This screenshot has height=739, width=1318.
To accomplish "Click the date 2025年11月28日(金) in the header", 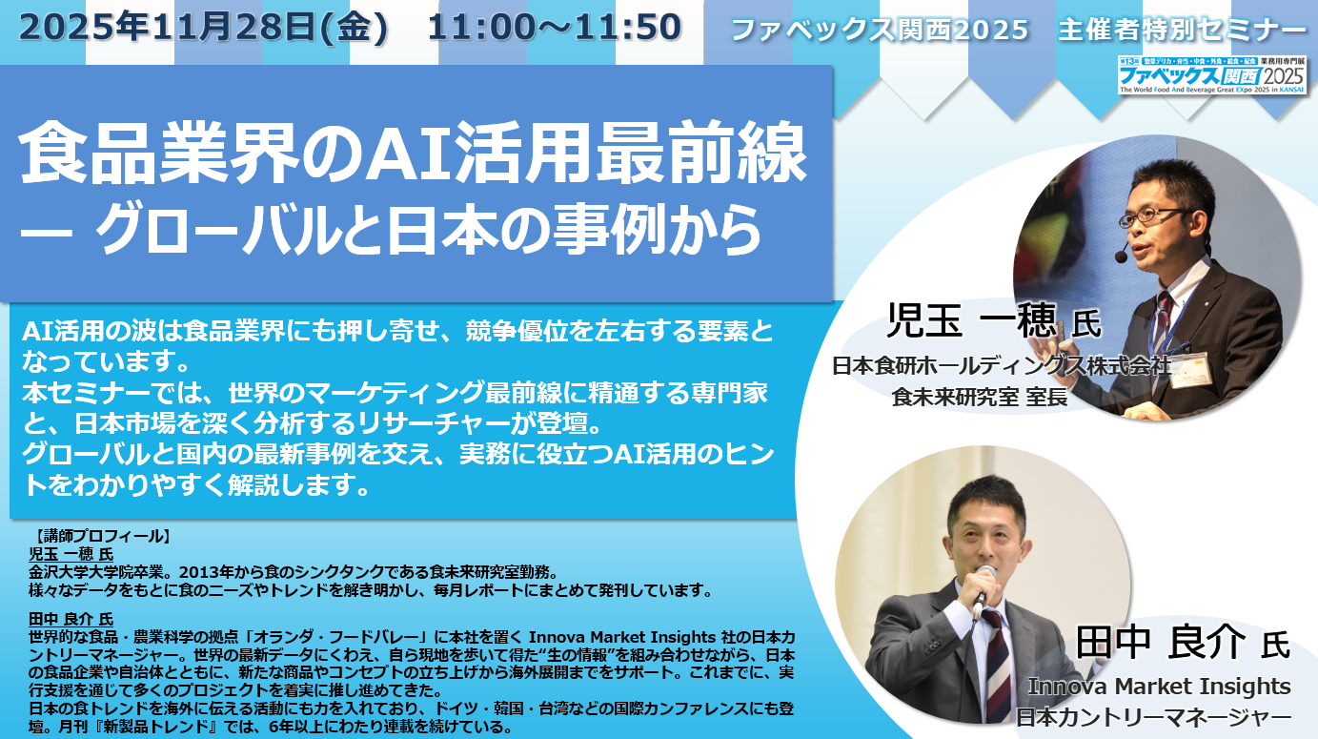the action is [203, 28].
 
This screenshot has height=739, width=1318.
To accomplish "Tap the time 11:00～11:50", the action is [555, 28].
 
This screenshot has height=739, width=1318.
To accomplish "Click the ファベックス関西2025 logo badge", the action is [1211, 75].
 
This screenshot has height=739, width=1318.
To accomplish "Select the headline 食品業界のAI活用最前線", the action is [413, 154].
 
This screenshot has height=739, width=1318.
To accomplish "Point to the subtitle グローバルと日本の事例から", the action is [428, 230].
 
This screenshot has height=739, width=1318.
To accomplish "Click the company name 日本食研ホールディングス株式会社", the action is [1002, 366].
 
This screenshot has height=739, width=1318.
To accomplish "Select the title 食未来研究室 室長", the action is [979, 398].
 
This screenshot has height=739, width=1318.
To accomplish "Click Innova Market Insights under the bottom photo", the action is [1159, 687].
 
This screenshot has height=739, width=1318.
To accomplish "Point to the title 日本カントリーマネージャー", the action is [1153, 717].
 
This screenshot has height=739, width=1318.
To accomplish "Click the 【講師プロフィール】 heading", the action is [101, 536].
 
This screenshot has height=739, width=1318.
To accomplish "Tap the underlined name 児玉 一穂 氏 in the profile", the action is [71, 554].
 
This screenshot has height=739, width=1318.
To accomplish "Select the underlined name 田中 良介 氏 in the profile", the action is [71, 620].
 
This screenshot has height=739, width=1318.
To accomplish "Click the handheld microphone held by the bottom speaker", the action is [983, 590].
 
